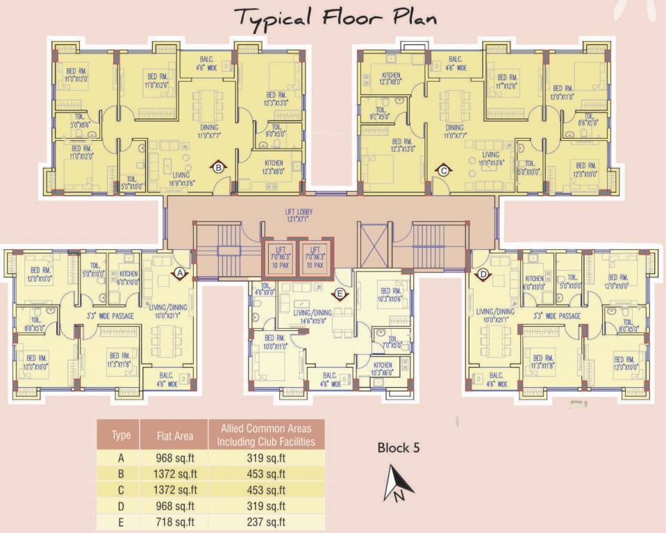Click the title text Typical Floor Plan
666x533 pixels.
[335, 17]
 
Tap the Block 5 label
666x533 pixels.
[399, 448]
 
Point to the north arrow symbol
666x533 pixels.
[395, 484]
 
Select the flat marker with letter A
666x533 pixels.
[179, 274]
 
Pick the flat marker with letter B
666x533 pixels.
[218, 167]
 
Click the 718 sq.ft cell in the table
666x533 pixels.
[174, 522]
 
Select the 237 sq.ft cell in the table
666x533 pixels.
[266, 522]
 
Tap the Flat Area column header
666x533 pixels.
[174, 436]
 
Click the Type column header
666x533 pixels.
[121, 436]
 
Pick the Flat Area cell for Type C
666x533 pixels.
[174, 490]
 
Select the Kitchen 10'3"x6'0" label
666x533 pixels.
[382, 369]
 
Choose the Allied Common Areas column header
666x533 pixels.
[266, 435]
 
